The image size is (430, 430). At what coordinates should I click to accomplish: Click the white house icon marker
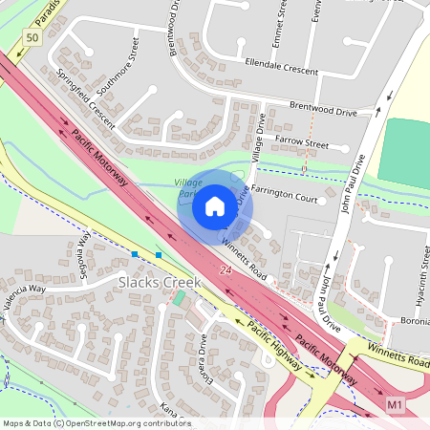(x=215, y=205)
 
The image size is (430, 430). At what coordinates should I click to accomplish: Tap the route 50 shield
(x=32, y=37)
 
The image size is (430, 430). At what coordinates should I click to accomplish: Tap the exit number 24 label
(x=226, y=273)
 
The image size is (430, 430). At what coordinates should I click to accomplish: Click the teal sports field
(x=405, y=150)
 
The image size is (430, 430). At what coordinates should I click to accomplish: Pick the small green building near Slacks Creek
(x=179, y=299)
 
